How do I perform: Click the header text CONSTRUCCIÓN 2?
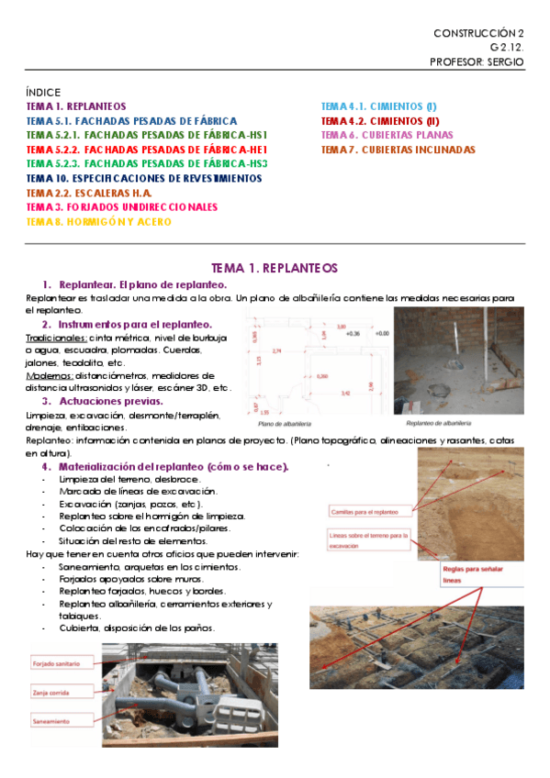click(x=477, y=33)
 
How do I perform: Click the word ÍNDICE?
click(x=43, y=93)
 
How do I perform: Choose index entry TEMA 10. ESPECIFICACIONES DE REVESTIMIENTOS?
click(x=144, y=178)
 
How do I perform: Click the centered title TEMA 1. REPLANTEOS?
click(x=275, y=268)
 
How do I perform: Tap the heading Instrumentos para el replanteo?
click(x=135, y=325)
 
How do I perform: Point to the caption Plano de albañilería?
click(x=281, y=424)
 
